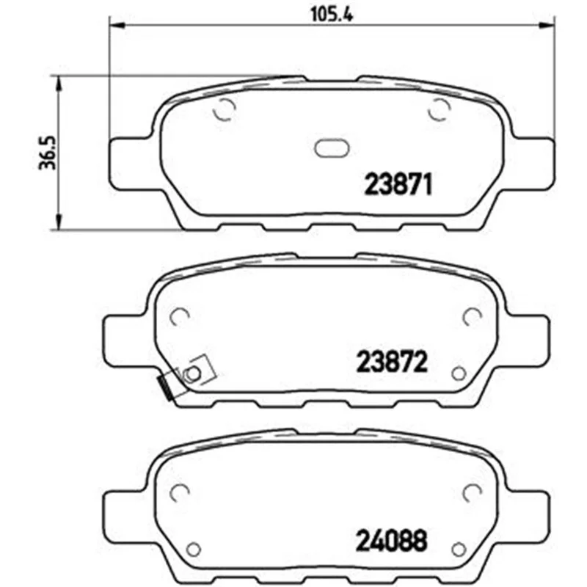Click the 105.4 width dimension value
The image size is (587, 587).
332,15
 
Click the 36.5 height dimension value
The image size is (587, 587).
48,153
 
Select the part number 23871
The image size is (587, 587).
398,184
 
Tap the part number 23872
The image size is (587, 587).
392,361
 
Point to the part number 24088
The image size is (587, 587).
391,540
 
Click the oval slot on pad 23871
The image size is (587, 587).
332,149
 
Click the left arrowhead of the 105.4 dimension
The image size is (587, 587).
116,26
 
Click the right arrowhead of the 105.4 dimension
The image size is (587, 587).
547,26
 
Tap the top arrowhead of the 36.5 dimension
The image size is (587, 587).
58,83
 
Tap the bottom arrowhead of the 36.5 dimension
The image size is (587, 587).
58,222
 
